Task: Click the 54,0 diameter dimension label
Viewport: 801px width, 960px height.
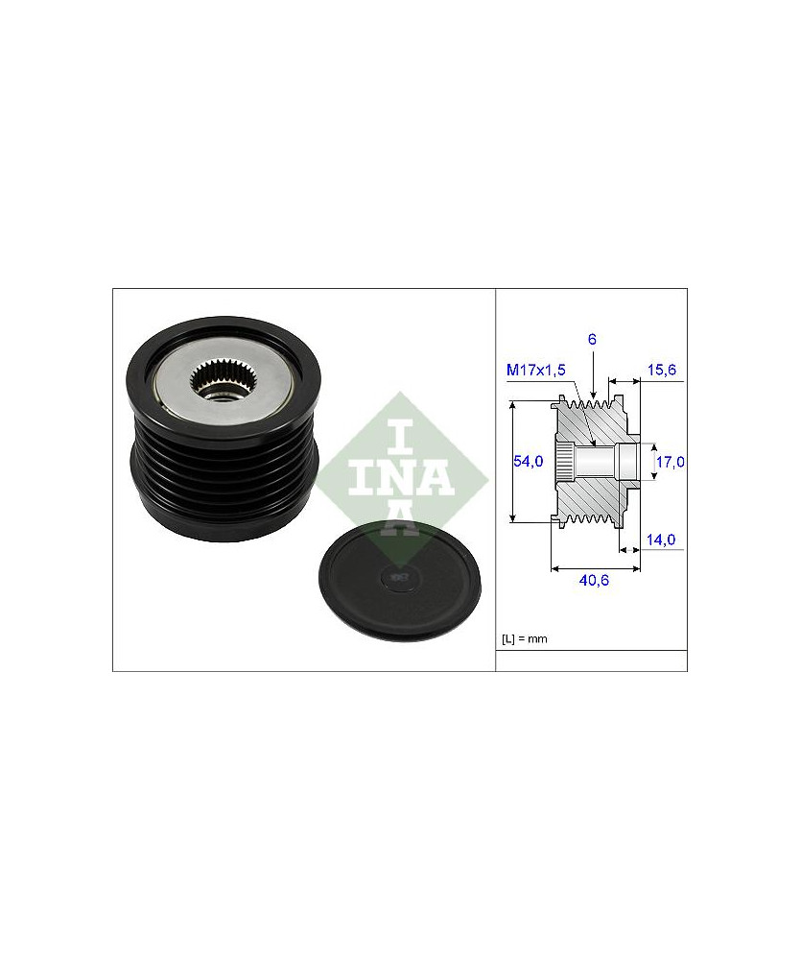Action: (x=529, y=461)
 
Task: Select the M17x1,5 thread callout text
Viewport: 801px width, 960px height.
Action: (x=536, y=370)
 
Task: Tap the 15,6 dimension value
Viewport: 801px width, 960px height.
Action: (x=662, y=370)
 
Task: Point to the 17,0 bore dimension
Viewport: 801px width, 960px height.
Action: (x=670, y=462)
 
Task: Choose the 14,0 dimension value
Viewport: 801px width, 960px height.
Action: (x=661, y=540)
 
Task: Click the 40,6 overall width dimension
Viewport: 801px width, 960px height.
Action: (x=594, y=580)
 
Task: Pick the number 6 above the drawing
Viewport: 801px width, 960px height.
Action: (x=592, y=339)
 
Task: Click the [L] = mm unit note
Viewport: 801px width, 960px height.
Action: (x=525, y=638)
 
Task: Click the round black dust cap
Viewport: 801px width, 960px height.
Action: (x=400, y=580)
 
